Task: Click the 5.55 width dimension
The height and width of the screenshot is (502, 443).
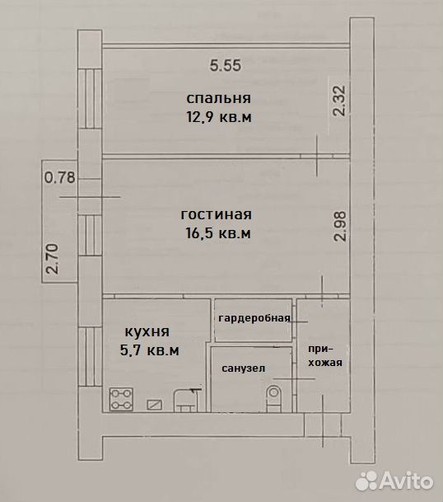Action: coord(225,66)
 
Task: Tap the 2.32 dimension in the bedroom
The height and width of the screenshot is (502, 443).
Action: coord(339,101)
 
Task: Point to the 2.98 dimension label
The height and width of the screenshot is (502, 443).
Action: coord(339,226)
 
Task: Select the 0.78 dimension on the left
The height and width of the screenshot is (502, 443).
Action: coord(59,177)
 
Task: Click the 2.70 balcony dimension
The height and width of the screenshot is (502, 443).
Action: coord(53,259)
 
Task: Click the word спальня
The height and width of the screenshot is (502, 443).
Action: coord(219,98)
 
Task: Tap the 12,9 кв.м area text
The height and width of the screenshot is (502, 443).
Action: coord(219,117)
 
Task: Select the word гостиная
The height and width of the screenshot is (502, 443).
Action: coord(217,214)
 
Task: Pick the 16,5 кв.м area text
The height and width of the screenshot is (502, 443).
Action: coord(218,233)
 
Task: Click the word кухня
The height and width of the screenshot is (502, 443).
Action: coord(147,331)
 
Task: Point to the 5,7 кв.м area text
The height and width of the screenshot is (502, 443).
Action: coord(149,350)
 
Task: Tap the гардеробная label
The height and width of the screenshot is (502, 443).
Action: coord(254,318)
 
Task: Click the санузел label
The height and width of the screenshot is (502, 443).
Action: coord(244,368)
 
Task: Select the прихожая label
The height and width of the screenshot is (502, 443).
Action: coord(325,356)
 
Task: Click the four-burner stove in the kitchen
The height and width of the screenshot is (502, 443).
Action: coord(121,399)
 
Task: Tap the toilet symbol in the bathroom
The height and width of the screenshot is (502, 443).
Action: coord(274,398)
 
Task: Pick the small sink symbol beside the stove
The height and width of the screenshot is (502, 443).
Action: coord(154,405)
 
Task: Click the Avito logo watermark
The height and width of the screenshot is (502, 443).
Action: coord(394,481)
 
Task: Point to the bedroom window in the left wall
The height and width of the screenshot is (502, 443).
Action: coord(90,99)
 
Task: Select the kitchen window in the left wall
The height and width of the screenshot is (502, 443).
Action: coord(90,357)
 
